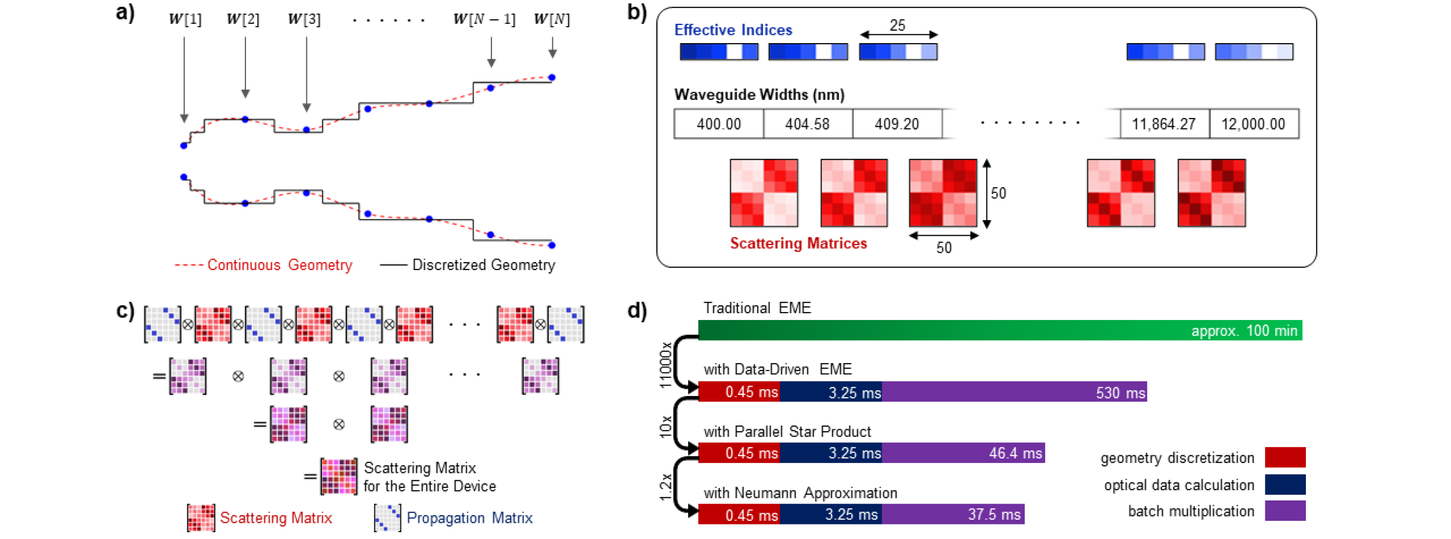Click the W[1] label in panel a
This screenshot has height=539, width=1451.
click(185, 19)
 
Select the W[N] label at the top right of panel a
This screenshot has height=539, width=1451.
click(551, 19)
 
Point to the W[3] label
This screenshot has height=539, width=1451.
click(304, 19)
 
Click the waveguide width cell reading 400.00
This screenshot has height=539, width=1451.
click(718, 124)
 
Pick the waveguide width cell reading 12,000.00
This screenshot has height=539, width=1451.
click(1253, 124)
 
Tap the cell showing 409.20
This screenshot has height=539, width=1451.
click(897, 124)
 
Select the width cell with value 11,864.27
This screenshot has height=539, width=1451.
click(1164, 124)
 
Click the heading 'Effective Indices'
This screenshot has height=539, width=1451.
click(733, 30)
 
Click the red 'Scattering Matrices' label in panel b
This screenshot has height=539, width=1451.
click(798, 243)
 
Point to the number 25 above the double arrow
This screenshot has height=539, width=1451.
click(897, 25)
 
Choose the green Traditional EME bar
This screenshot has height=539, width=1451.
click(1000, 330)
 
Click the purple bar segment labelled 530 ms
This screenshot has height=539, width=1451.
click(1014, 392)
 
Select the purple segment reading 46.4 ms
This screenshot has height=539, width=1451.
click(963, 453)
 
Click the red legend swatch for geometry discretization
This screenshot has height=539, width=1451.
click(1285, 457)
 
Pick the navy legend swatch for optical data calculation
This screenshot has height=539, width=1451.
click(1285, 484)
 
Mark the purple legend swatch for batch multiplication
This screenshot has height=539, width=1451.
click(1285, 511)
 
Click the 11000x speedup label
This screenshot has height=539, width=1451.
click(666, 365)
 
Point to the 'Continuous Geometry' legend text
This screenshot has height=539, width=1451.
click(279, 265)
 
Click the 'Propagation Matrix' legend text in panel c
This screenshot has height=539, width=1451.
click(469, 518)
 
